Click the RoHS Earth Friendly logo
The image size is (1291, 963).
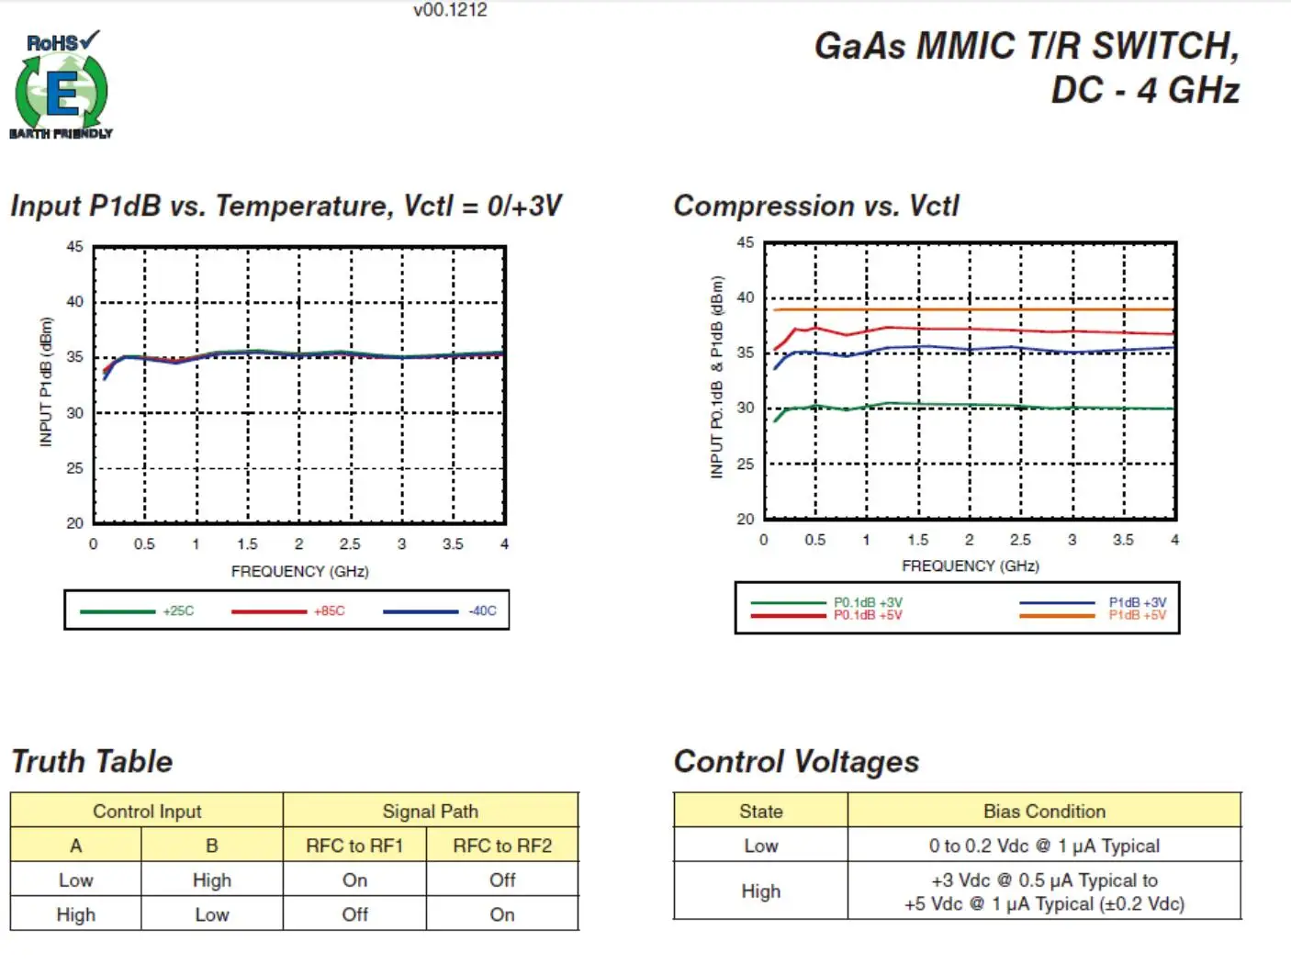tap(62, 85)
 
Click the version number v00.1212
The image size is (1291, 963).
tap(450, 10)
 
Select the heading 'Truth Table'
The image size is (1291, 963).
tap(92, 761)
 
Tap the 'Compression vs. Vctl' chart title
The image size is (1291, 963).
tap(816, 206)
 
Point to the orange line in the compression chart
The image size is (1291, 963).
tap(973, 309)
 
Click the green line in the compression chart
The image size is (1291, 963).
tap(973, 405)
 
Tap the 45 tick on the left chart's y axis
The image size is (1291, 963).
tap(74, 247)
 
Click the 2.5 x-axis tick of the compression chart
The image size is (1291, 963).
tap(1020, 540)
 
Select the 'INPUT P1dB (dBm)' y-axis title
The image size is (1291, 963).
tap(46, 382)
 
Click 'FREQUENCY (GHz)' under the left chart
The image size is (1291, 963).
tap(299, 571)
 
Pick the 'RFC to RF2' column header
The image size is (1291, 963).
tap(502, 845)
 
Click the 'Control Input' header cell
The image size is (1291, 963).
tap(147, 811)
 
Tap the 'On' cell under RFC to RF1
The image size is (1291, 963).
tap(354, 880)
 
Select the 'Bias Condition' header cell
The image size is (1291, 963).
tap(1044, 811)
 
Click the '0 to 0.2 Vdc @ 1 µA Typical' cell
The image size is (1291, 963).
tap(1044, 845)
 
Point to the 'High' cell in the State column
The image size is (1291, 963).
tap(760, 891)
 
